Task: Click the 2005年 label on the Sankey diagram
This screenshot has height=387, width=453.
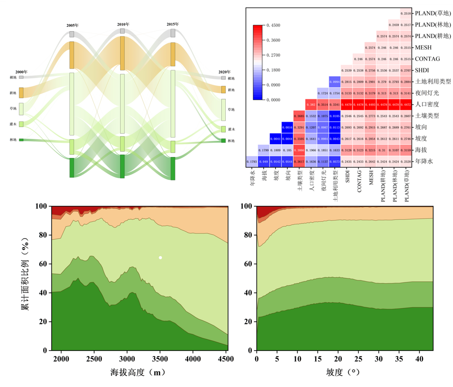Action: (x=72, y=25)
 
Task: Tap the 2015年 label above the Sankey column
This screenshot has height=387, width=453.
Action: (x=173, y=24)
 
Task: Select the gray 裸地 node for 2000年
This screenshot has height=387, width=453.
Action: (x=21, y=77)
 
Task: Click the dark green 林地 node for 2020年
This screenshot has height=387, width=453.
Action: (x=223, y=141)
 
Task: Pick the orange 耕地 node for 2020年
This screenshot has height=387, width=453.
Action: (x=223, y=89)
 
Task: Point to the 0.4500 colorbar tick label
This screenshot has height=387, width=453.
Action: (x=273, y=25)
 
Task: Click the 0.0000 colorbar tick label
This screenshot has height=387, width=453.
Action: (x=273, y=100)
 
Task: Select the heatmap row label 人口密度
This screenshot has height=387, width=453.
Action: (x=427, y=104)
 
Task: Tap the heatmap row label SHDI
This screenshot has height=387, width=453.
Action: (x=422, y=70)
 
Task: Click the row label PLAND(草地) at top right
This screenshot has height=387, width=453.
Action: (x=433, y=13)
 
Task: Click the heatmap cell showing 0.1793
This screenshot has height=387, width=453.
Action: (x=252, y=161)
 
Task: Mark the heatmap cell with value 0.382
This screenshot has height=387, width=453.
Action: (x=311, y=105)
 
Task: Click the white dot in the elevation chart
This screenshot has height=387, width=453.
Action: (x=160, y=258)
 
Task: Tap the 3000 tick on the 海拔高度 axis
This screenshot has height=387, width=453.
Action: (x=127, y=359)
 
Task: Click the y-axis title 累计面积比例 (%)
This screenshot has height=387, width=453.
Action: (x=25, y=274)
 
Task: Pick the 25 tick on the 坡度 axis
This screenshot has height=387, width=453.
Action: (x=358, y=359)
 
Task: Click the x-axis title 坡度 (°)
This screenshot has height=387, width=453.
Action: (x=343, y=372)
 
